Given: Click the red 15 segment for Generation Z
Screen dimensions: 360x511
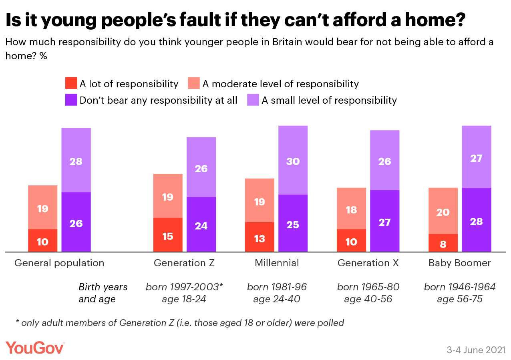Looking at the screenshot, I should click(x=168, y=235).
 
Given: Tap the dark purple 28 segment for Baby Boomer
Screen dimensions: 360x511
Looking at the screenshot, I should click(x=476, y=220).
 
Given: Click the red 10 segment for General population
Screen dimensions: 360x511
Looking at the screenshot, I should click(x=42, y=241).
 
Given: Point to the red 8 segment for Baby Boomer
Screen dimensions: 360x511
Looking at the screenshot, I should click(x=443, y=243).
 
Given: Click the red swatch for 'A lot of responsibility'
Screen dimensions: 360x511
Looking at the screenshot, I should click(x=71, y=83).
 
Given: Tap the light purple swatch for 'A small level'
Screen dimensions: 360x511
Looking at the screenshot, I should click(x=253, y=100).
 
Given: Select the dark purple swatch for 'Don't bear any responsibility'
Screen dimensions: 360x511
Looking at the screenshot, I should click(x=71, y=100).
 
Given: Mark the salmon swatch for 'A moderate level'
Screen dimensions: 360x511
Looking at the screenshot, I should click(x=194, y=83).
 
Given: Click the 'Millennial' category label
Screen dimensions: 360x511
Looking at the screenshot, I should click(x=277, y=263).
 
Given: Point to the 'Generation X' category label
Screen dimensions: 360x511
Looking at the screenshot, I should click(x=368, y=263).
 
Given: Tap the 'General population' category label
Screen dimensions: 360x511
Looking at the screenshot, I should click(x=59, y=263).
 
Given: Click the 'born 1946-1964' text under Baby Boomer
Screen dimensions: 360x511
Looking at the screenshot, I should click(x=460, y=287).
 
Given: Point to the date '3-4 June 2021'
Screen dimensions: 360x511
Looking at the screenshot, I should click(x=476, y=349).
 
